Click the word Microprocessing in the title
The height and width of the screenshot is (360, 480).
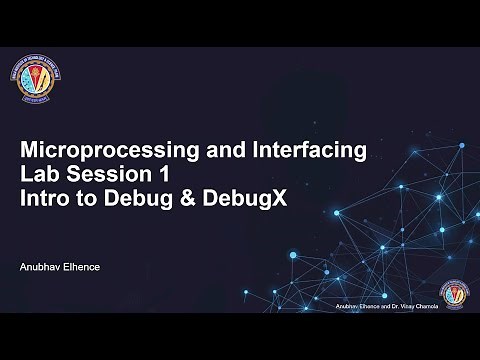pyautogui.click(x=104, y=151)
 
